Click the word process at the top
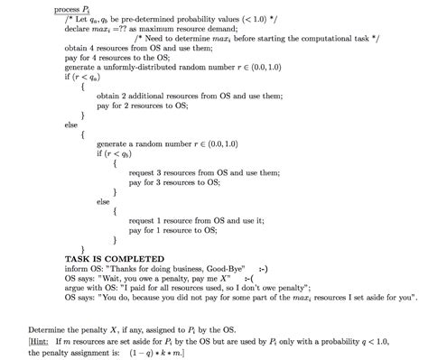pos(67,8)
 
